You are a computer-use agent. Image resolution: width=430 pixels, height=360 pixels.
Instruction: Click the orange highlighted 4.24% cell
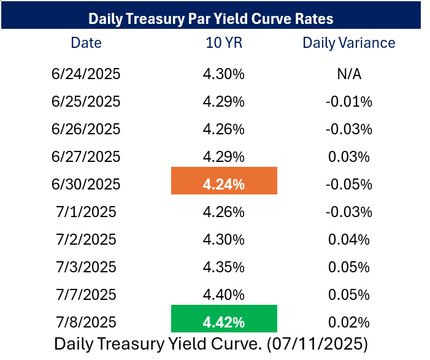pos(224,181)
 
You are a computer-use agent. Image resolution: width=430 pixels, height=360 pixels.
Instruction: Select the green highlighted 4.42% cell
pos(224,318)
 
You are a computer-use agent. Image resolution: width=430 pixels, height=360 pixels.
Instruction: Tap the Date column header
pos(86,43)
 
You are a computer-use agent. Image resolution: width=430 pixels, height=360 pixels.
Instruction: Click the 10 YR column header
pos(224,43)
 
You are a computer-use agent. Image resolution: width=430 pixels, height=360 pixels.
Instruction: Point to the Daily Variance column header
pos(349,43)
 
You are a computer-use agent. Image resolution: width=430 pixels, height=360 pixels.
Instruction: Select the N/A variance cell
pos(349,74)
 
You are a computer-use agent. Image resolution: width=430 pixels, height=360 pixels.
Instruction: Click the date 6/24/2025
pos(86,74)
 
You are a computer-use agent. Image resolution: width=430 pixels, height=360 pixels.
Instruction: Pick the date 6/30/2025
pos(86,184)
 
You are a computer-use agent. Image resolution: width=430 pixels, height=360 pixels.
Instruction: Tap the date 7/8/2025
pos(86,322)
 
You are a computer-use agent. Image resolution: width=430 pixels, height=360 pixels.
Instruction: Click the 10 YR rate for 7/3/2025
pos(224,267)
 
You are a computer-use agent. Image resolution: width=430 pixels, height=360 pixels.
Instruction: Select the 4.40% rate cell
pos(224,295)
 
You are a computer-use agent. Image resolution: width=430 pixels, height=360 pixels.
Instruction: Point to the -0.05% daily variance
pos(349,184)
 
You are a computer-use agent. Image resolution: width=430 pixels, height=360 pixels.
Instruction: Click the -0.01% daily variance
pos(349,102)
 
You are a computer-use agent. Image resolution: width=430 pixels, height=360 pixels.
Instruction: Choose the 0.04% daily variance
pos(349,240)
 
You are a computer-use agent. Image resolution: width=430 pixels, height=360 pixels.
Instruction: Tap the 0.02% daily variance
pos(349,323)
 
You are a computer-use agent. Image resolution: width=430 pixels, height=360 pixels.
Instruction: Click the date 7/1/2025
pos(86,212)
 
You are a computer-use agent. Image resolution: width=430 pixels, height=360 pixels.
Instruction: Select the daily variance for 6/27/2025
pos(349,157)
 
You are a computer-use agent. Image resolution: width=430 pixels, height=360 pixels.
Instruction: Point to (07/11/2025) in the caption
pos(317,344)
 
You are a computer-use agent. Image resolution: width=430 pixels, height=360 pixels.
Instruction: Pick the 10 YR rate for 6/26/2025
pos(224,129)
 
